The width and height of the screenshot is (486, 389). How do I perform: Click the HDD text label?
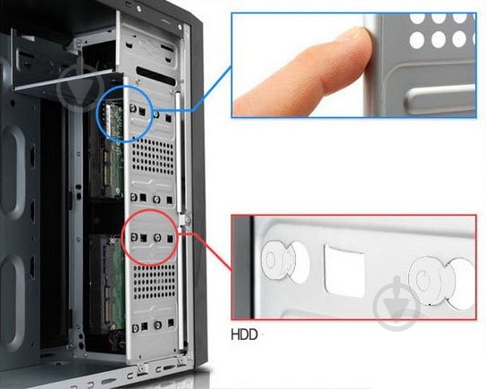244,334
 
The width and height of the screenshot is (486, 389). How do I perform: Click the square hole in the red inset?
344,271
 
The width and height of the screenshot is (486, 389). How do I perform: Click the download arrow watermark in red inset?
397,303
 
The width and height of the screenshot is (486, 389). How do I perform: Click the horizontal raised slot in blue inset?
440,99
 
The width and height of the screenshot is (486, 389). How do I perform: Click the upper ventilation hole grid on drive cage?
153,156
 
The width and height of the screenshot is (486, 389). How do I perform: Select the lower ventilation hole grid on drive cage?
154,282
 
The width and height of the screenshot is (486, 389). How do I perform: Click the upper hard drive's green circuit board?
112,149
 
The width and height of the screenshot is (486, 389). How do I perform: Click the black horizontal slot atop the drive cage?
156,75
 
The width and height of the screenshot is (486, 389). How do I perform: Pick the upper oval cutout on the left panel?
13,172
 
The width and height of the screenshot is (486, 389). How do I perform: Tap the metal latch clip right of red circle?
185,220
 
